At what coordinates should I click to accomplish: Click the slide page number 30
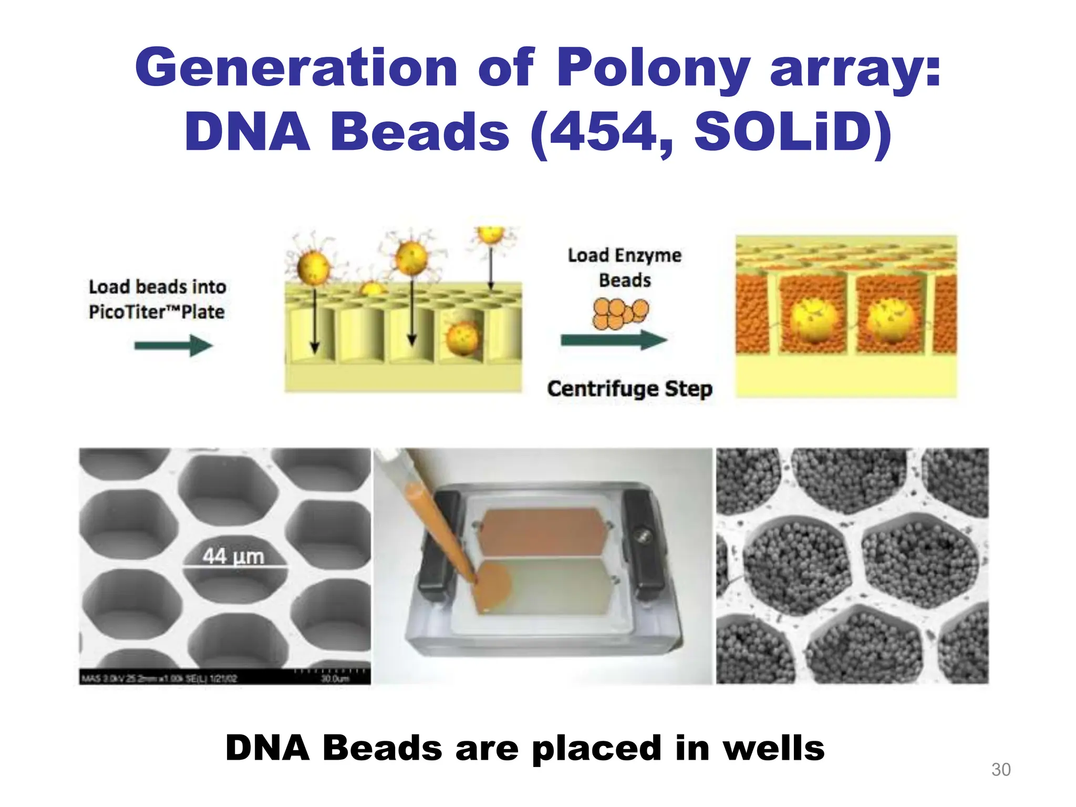pos(1001,770)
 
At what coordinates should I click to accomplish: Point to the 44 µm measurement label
pos(233,556)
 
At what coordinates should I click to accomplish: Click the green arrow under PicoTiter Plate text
pos(173,346)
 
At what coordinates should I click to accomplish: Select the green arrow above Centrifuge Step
pos(614,340)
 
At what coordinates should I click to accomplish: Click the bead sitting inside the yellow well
pos(462,338)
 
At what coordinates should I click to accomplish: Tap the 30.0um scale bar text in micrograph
pos(335,679)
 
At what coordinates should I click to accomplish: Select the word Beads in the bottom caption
pos(382,748)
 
